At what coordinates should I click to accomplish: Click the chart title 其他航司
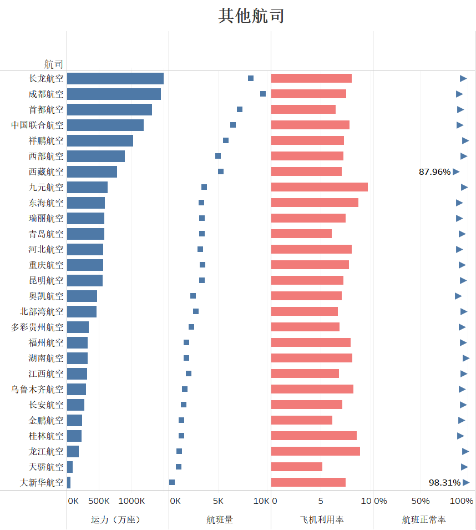pyautogui.click(x=251, y=16)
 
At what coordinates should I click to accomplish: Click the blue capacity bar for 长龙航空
pyautogui.click(x=115, y=78)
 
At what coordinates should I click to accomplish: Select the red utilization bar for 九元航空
pyautogui.click(x=319, y=187)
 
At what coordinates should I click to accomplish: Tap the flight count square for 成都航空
pyautogui.click(x=263, y=94)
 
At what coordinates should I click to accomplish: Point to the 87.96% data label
pyautogui.click(x=434, y=172)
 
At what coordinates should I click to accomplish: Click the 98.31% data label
pyautogui.click(x=444, y=483)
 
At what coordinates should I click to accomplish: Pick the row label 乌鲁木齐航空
pyautogui.click(x=37, y=389)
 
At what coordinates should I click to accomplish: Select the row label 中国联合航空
pyautogui.click(x=37, y=125)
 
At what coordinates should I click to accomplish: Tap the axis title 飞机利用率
pyautogui.click(x=322, y=520)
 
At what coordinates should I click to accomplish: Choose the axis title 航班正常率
pyautogui.click(x=424, y=520)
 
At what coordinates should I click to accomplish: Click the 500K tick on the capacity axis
pyautogui.click(x=99, y=501)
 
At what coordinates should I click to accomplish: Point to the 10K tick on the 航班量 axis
pyautogui.click(x=261, y=501)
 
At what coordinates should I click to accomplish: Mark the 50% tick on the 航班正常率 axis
pyautogui.click(x=421, y=501)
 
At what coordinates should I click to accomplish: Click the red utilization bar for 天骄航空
pyautogui.click(x=297, y=467)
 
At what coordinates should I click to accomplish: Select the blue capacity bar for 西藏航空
pyautogui.click(x=92, y=171)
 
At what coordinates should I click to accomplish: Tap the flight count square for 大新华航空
pyautogui.click(x=172, y=482)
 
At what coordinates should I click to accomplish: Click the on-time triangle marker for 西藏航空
pyautogui.click(x=456, y=171)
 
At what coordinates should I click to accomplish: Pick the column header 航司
pyautogui.click(x=54, y=64)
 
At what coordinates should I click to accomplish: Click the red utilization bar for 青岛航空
pyautogui.click(x=301, y=234)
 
